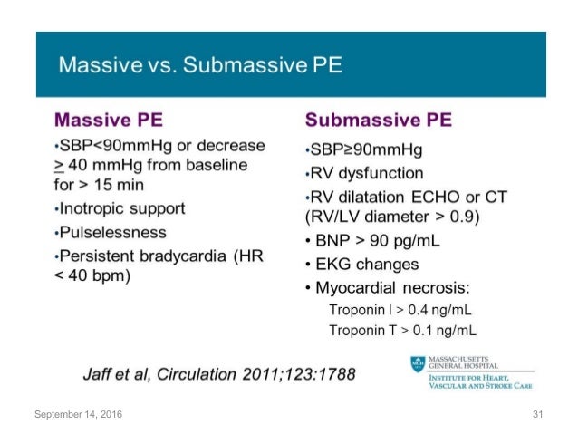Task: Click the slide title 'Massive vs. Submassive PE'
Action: coord(200,65)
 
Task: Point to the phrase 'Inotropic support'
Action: coord(121,207)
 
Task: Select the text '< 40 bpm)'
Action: coord(94,275)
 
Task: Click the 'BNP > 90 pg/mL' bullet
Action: coord(371,241)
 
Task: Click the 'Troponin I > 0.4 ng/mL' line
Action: coord(402,311)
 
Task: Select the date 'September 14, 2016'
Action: coord(78,414)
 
